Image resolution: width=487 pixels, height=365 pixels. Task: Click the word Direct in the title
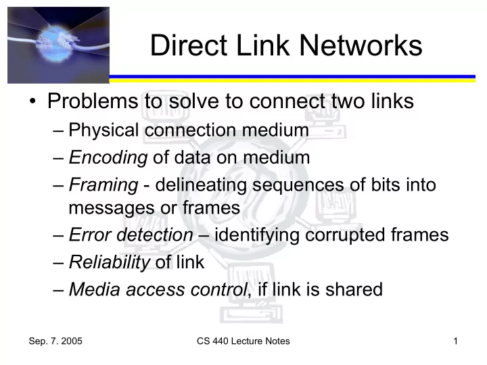[189, 45]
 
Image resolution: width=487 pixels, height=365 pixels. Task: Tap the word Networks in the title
[361, 45]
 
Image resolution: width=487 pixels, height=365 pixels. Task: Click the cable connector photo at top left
[58, 45]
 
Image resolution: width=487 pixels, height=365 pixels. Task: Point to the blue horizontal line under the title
[292, 76]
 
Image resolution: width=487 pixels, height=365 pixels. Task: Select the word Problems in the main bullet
[93, 101]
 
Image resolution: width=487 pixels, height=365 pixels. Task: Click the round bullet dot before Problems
[32, 101]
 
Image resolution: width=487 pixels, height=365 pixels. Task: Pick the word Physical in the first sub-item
[103, 130]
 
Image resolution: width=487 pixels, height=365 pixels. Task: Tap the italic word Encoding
[108, 157]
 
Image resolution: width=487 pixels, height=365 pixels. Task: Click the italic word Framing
[103, 185]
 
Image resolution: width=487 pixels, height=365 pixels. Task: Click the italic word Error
[90, 235]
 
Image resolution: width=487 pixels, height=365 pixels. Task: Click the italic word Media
[95, 289]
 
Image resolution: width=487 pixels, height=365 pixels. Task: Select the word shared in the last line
[354, 289]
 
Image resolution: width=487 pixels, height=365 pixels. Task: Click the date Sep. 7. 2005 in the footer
[55, 341]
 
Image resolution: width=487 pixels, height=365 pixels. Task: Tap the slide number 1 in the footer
[456, 341]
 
